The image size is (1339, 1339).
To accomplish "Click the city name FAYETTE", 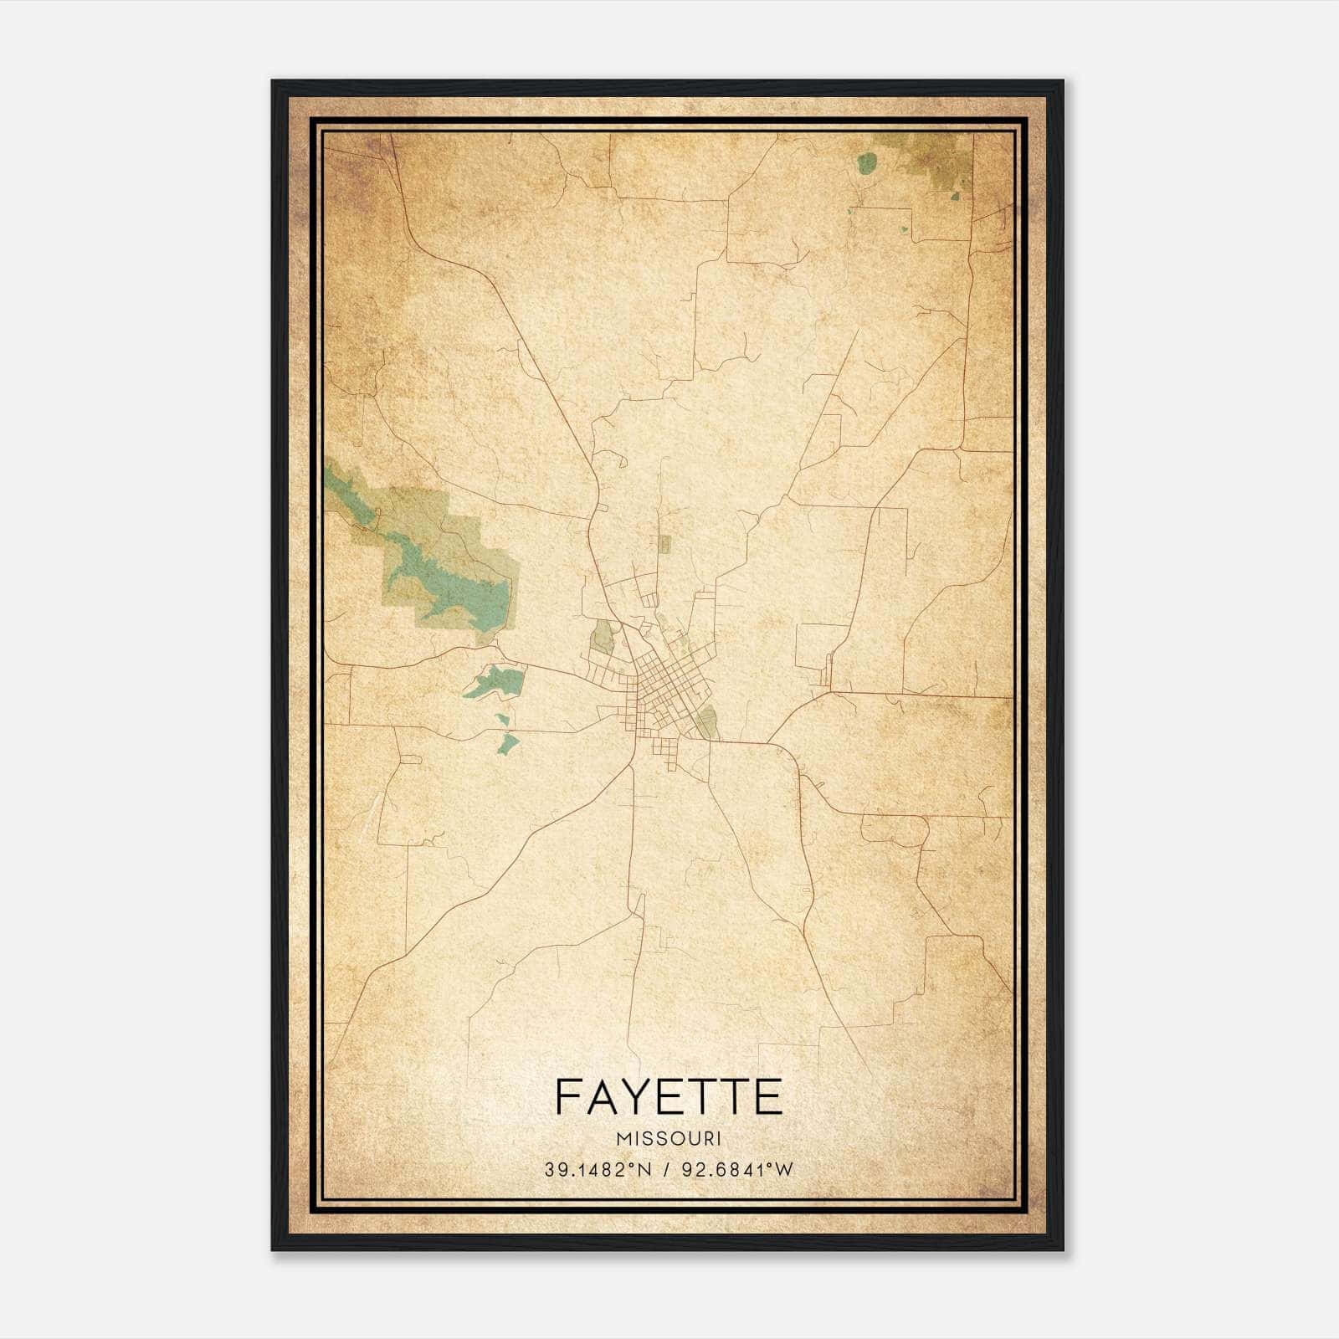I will point(668,1097).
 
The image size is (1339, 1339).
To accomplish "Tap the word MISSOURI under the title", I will point(668,1139).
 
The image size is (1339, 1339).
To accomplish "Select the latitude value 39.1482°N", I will point(598,1170).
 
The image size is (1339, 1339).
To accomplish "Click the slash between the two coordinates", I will point(666,1170).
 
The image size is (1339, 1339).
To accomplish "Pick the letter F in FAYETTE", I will point(567,1097).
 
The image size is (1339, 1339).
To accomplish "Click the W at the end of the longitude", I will point(782,1170).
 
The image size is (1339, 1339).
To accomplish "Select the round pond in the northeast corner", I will point(866,162).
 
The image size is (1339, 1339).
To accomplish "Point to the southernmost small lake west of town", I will point(508,741).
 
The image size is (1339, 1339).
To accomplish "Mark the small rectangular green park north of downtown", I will point(664,545).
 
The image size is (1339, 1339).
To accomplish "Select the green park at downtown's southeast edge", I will point(708,722).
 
